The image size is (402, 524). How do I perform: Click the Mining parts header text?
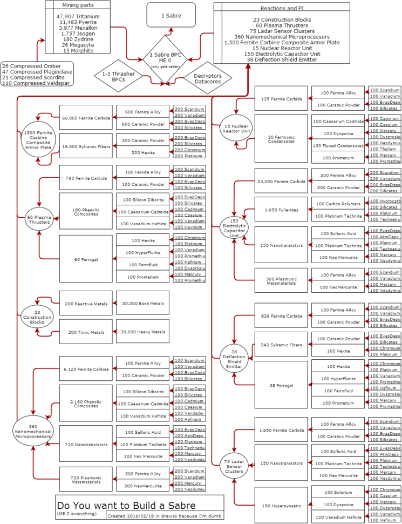coord(78,5)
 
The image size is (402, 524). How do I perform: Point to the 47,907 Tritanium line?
coord(78,17)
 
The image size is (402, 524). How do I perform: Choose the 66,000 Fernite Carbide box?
coord(86,117)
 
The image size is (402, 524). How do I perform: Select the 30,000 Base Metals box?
coord(142,304)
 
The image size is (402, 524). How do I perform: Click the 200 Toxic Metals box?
coord(86,332)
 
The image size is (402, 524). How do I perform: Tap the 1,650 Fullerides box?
coord(281,209)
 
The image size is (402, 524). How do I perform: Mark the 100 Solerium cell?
coord(338,492)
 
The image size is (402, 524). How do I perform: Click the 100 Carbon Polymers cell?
coord(338,203)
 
